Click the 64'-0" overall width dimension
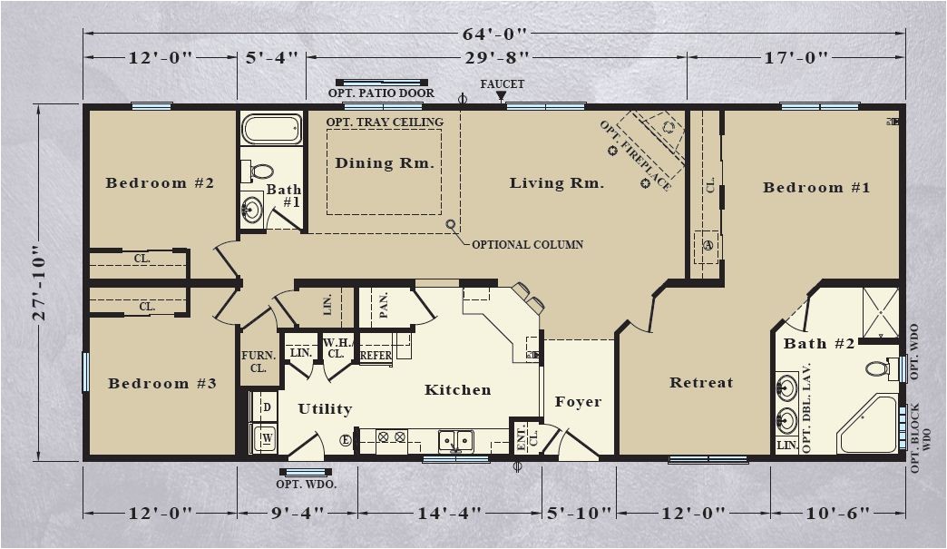[494, 34]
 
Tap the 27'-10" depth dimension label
[38, 281]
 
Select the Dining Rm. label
[385, 163]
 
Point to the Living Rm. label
[557, 183]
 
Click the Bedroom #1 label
[816, 187]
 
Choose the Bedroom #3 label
[161, 384]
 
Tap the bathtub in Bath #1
[272, 129]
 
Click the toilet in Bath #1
[258, 171]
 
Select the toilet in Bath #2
[883, 368]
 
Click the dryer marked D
[263, 407]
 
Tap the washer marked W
[263, 437]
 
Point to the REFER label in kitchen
[376, 356]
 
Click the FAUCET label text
[503, 84]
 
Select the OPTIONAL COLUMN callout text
[527, 245]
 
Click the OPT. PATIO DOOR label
[381, 93]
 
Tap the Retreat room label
[701, 382]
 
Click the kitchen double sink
[456, 442]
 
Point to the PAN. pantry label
[384, 305]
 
